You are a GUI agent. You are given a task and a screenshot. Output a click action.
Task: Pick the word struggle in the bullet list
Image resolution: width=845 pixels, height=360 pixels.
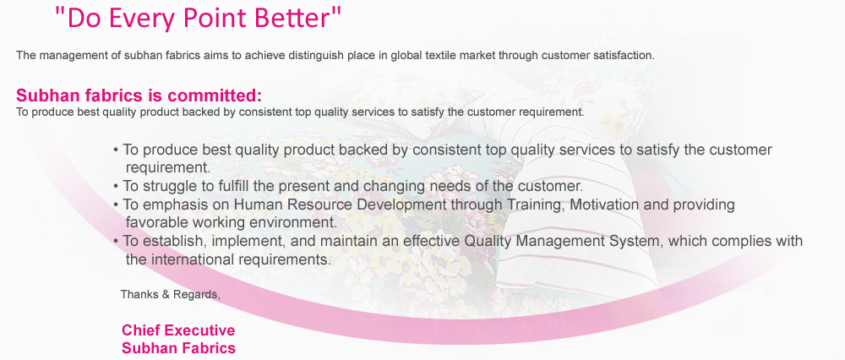coord(171,187)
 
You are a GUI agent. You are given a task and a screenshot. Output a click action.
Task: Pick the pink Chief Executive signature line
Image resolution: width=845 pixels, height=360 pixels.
coord(178,330)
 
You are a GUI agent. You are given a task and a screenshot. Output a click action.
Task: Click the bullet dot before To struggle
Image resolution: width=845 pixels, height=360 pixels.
coord(116,188)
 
